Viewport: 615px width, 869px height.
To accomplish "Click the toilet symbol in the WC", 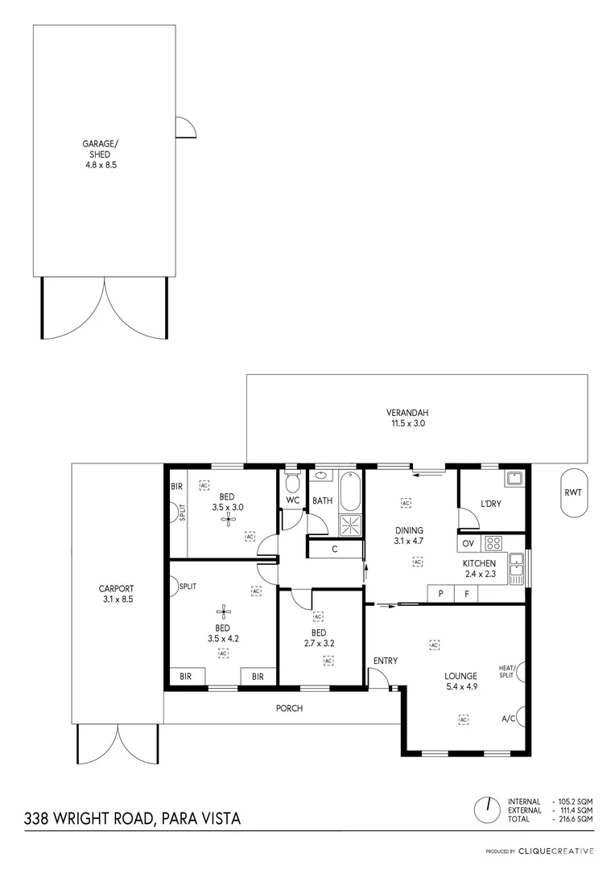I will click(x=291, y=483).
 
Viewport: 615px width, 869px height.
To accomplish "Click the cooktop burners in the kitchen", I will click(x=493, y=543).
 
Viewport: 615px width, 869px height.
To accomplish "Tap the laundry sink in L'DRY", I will click(x=514, y=480).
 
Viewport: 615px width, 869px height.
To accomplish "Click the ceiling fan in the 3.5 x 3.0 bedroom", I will click(x=229, y=519).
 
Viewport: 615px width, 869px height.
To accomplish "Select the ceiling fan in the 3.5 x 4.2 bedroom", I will click(x=223, y=611).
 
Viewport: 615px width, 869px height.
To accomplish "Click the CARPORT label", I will click(x=118, y=594).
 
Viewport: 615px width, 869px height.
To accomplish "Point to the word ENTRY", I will click(x=386, y=661).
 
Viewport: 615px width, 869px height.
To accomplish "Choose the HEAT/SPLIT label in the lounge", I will click(x=506, y=671).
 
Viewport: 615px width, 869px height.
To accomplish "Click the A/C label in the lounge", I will click(x=508, y=719).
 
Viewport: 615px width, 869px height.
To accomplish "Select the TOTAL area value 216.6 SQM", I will click(x=576, y=818).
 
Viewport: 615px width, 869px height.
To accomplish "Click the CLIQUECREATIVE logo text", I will click(x=556, y=850).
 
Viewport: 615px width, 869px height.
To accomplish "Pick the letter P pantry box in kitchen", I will click(x=440, y=594).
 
